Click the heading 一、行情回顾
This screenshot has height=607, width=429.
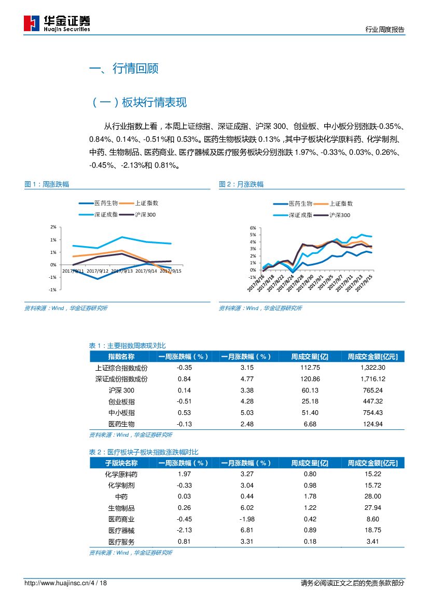point(124,69)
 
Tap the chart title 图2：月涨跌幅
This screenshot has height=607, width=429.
point(241,184)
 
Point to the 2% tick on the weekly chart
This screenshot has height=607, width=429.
point(53,227)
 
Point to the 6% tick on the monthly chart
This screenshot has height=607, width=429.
point(253,228)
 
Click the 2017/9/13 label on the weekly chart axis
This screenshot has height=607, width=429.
point(122,271)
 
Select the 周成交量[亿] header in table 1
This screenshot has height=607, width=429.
point(310,357)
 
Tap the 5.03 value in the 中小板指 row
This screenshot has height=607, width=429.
point(247,413)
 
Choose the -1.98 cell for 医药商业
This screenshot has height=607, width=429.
point(247,519)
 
